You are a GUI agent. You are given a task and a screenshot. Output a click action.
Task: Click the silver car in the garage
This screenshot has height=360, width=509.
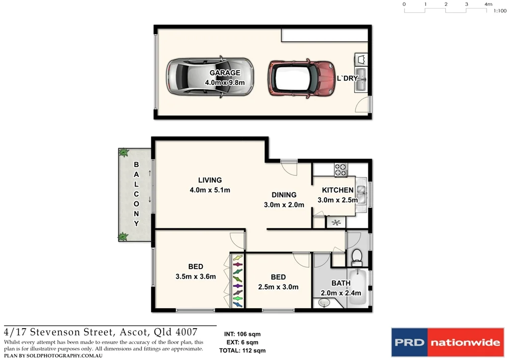click(x=210, y=78)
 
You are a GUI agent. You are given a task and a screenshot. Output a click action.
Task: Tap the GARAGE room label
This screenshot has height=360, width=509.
click(x=225, y=73)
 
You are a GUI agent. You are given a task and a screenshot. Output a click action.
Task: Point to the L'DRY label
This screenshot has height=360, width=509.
click(x=347, y=79)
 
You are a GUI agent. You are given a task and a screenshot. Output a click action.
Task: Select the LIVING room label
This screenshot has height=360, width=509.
click(x=210, y=180)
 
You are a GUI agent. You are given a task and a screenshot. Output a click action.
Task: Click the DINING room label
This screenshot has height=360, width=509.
click(x=284, y=195)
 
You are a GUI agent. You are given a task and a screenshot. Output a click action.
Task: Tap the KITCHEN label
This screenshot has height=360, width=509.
click(x=338, y=190)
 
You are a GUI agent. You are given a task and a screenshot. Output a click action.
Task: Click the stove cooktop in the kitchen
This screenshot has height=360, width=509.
click(x=340, y=170)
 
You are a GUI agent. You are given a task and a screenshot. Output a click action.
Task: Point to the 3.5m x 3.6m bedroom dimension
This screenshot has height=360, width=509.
click(x=195, y=276)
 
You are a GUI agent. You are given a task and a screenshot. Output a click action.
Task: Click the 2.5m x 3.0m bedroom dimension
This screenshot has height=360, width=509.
click(x=278, y=286)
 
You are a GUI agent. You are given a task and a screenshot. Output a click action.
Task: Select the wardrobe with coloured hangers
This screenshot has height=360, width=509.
click(x=238, y=281)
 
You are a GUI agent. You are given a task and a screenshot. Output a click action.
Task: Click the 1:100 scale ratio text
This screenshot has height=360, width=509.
click(x=500, y=10)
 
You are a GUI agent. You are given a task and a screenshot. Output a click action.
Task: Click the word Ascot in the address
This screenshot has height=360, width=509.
click(x=134, y=332)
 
